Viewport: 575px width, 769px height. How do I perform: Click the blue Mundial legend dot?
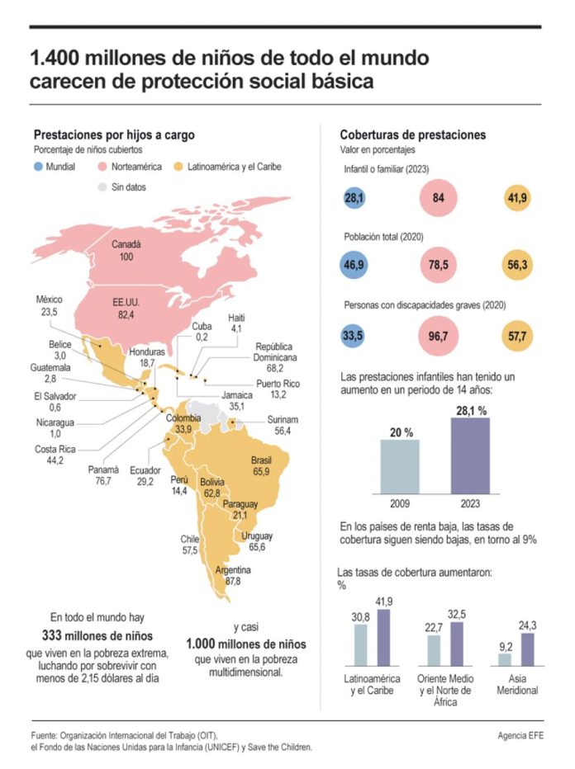(39, 167)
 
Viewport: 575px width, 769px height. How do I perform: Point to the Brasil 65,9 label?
(261, 465)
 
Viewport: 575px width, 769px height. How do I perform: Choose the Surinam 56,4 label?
(283, 425)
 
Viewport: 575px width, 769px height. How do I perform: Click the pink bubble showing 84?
(439, 198)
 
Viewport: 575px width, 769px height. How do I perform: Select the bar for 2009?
(400, 466)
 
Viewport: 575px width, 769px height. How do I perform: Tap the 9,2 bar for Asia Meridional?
(505, 659)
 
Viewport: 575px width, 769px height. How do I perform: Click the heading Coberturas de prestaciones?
(413, 134)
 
